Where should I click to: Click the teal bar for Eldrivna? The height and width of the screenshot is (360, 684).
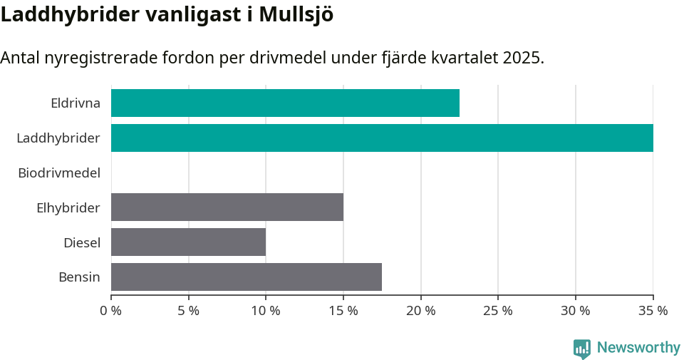click(285, 103)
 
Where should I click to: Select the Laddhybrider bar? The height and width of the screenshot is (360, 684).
click(382, 138)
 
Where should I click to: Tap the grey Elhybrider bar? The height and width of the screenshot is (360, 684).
click(227, 207)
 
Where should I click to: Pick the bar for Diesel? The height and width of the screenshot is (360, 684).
click(188, 242)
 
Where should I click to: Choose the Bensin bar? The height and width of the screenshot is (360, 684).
click(246, 277)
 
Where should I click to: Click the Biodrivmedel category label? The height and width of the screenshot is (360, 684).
click(58, 173)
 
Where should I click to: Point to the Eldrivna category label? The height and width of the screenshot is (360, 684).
click(75, 103)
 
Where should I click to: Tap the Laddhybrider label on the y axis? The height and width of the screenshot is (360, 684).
click(58, 138)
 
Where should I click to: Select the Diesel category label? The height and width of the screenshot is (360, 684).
click(81, 242)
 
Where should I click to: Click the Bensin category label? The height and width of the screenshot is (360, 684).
click(79, 277)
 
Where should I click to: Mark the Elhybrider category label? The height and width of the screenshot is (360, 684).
click(68, 207)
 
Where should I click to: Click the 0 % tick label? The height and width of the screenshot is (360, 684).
click(111, 311)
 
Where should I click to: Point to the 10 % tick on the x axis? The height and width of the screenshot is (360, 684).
click(266, 311)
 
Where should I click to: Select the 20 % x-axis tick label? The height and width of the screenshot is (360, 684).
click(420, 311)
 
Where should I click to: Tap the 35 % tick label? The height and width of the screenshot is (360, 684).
click(653, 311)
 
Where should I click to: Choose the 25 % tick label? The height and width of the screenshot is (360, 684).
click(498, 311)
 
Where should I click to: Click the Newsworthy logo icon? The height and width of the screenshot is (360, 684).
click(582, 349)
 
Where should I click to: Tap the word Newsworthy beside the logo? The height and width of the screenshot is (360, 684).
click(638, 348)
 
